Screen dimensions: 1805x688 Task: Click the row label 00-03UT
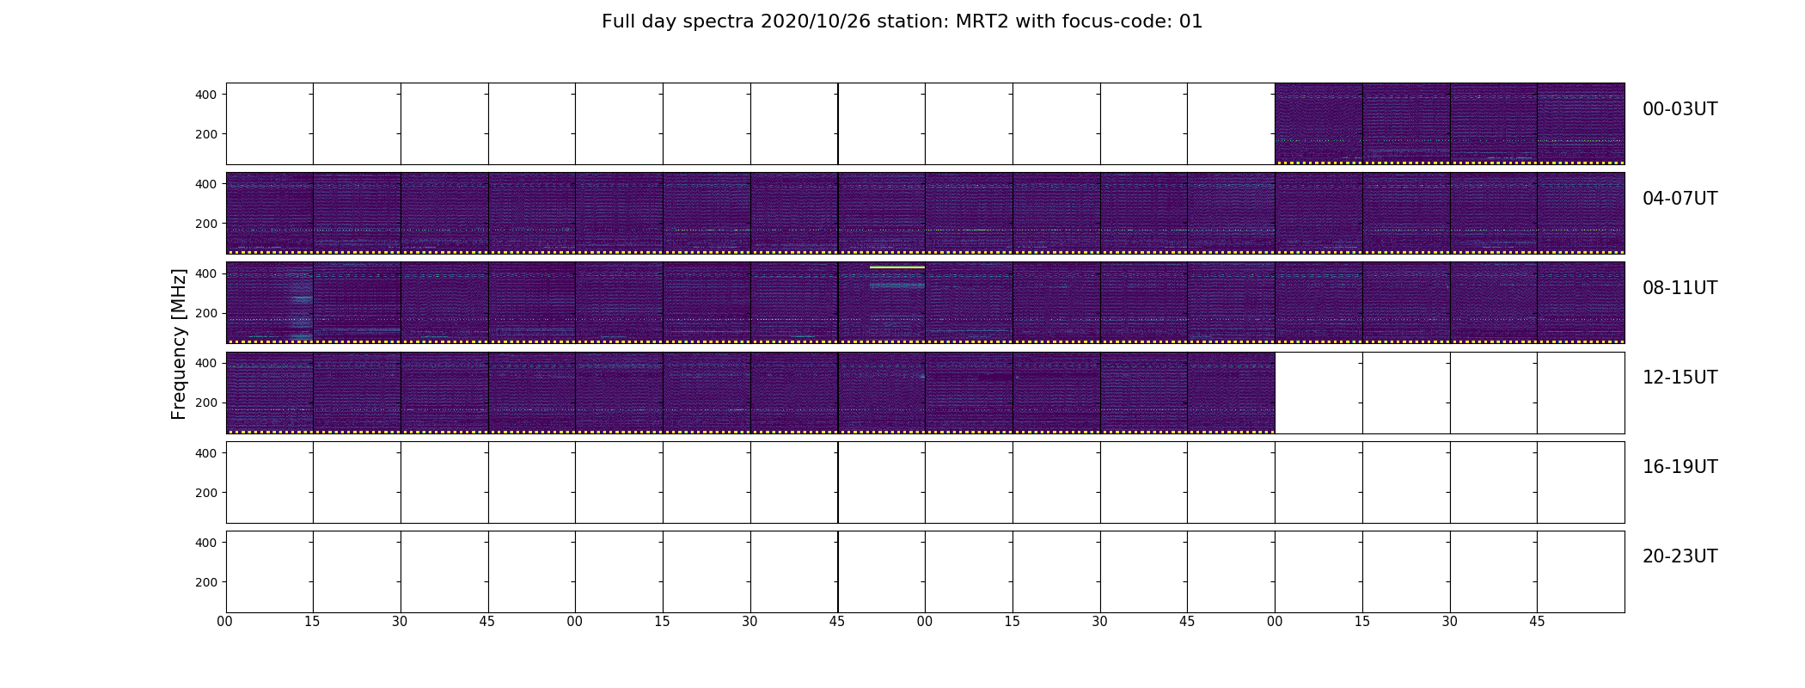(1680, 109)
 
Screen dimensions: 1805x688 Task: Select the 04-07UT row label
(1680, 199)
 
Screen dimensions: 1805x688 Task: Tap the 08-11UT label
(1680, 288)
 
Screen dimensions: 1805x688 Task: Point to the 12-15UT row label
(1680, 378)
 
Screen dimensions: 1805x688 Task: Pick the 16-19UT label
(1680, 467)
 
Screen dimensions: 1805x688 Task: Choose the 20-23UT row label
(1680, 556)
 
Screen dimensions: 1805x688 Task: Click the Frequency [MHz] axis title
(179, 344)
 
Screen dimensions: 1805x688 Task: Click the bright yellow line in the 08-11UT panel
(897, 267)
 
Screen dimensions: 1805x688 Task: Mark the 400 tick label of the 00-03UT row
(206, 95)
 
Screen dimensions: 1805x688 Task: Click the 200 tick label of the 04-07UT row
(206, 224)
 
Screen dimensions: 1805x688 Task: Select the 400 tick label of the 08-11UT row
(206, 273)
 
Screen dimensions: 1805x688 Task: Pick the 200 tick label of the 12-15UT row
(206, 402)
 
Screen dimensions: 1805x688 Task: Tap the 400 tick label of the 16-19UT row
(206, 453)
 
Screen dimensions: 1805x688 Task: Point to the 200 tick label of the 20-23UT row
(206, 582)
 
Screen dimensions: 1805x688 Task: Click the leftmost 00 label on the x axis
(225, 622)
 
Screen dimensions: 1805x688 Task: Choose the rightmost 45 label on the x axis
(1537, 622)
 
